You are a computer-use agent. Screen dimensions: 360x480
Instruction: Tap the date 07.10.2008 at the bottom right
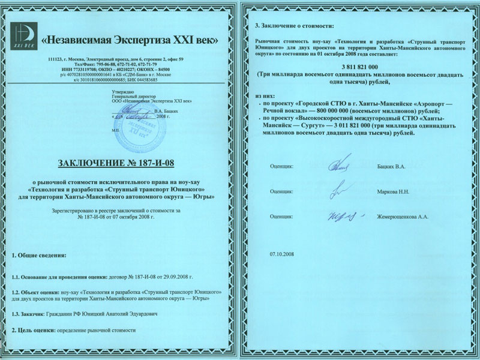(284, 254)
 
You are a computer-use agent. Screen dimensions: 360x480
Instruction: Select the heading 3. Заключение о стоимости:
(292, 27)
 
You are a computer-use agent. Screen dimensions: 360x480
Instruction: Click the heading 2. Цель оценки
(34, 331)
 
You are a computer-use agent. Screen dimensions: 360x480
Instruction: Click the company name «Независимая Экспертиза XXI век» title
(130, 40)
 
